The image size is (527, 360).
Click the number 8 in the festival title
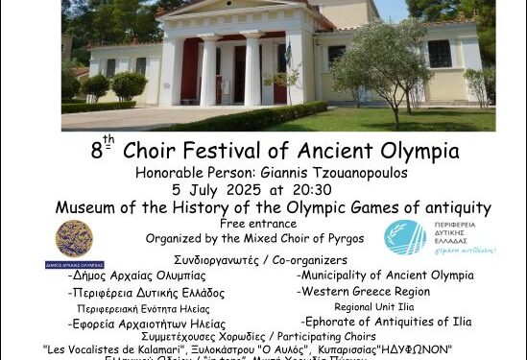96,152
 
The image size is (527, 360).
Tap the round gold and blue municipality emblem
74,239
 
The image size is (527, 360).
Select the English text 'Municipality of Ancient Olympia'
385,276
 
